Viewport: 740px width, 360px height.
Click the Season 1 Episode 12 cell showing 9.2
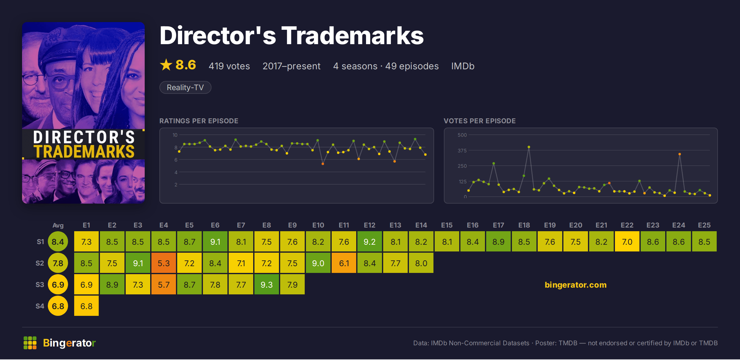pyautogui.click(x=369, y=242)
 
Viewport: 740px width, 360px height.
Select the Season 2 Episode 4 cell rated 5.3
pyautogui.click(x=163, y=263)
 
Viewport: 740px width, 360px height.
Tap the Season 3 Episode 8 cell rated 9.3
pyautogui.click(x=266, y=285)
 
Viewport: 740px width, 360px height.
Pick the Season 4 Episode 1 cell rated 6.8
pyautogui.click(x=86, y=306)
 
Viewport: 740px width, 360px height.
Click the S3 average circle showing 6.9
pyautogui.click(x=58, y=285)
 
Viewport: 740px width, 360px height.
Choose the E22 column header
pyautogui.click(x=627, y=225)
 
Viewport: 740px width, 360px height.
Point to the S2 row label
pyautogui.click(x=40, y=263)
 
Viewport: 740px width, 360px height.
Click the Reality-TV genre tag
pyautogui.click(x=185, y=87)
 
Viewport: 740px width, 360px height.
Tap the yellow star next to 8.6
pyautogui.click(x=166, y=65)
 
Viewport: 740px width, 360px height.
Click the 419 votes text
pyautogui.click(x=229, y=66)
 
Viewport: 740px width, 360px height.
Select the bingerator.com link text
pyautogui.click(x=575, y=285)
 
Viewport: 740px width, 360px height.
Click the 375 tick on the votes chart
pyautogui.click(x=462, y=151)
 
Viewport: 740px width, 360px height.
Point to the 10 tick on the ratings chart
pyautogui.click(x=175, y=135)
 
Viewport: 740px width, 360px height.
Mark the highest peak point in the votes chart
pyautogui.click(x=529, y=147)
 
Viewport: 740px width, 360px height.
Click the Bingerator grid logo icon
pyautogui.click(x=30, y=343)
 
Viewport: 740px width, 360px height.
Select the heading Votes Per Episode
pyautogui.click(x=479, y=121)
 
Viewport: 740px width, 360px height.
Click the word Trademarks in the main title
pyautogui.click(x=353, y=36)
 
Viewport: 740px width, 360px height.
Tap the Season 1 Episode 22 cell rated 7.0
pyautogui.click(x=627, y=242)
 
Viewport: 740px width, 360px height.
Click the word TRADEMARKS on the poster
pyautogui.click(x=84, y=151)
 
